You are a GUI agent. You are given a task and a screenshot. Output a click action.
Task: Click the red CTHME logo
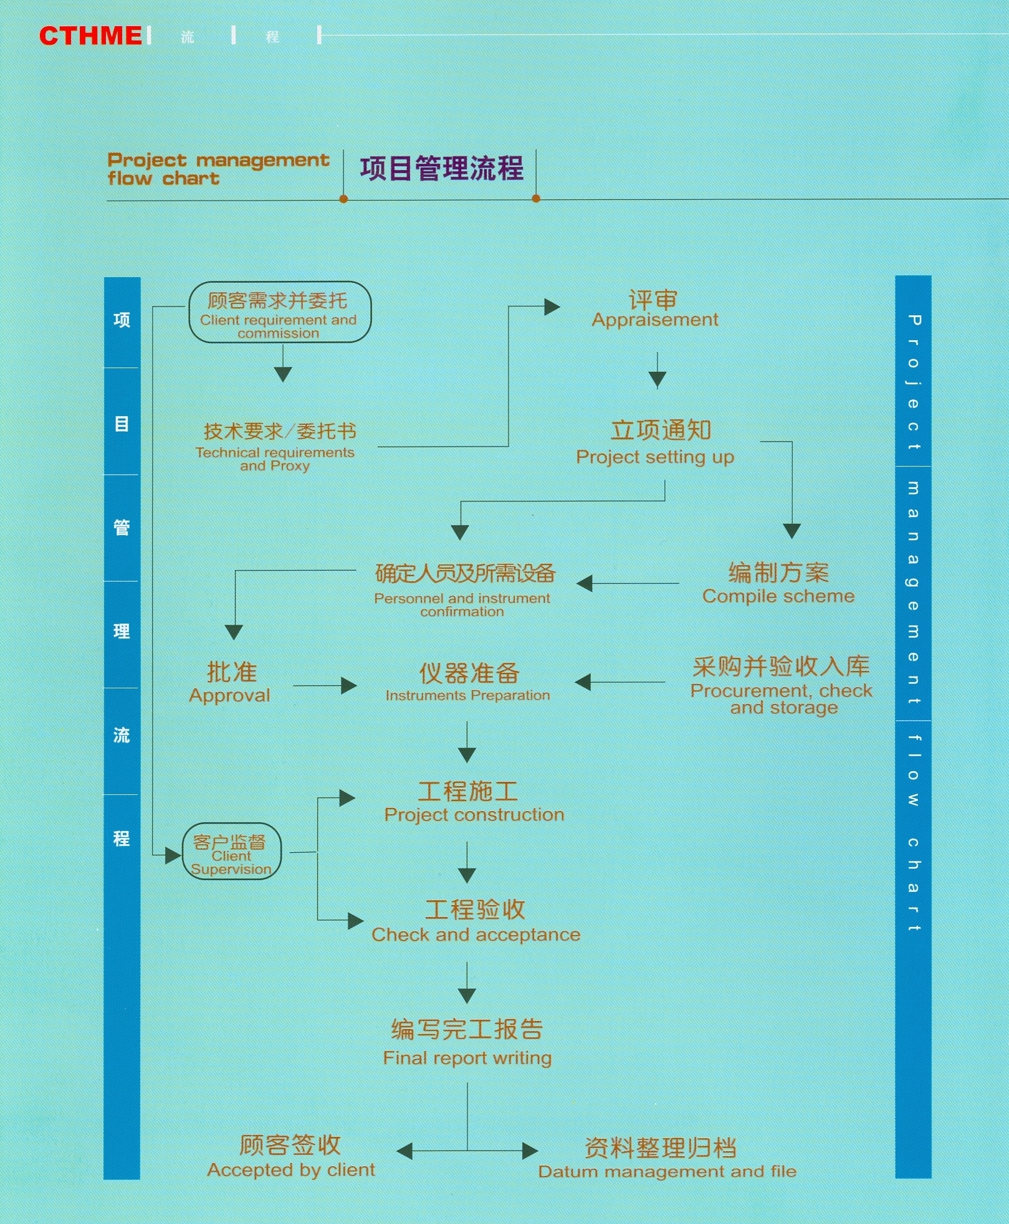[91, 36]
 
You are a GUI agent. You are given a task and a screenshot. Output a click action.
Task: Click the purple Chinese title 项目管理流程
[441, 168]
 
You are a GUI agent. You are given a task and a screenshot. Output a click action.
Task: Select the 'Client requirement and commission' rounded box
[280, 312]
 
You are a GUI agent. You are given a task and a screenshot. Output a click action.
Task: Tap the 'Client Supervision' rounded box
[232, 852]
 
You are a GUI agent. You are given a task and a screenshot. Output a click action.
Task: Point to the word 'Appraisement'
[655, 320]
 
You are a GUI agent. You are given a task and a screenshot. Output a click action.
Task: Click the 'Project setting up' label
[655, 457]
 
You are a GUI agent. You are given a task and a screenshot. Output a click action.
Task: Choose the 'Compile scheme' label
[778, 596]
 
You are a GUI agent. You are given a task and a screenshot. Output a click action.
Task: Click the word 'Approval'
[230, 695]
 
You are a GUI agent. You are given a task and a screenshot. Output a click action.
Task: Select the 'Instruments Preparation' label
[467, 695]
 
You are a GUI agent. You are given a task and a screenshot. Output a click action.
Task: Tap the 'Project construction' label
[474, 815]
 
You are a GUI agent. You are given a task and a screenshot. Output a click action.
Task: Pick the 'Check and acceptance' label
[476, 934]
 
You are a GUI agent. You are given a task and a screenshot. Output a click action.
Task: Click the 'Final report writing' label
[467, 1058]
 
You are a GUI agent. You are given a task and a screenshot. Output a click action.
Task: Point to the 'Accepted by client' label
[291, 1170]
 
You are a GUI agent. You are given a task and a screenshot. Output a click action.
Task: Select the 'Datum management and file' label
[667, 1171]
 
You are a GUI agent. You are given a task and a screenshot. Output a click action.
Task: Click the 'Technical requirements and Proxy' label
[275, 459]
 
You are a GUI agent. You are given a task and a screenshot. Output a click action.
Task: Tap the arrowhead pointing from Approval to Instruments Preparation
[349, 686]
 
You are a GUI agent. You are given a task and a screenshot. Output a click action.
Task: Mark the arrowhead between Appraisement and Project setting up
[658, 379]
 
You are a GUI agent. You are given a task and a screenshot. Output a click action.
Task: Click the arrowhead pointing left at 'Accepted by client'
[404, 1150]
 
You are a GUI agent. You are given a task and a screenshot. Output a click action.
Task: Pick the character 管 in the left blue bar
[122, 528]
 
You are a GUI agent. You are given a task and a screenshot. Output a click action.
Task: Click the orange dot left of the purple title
[343, 199]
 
